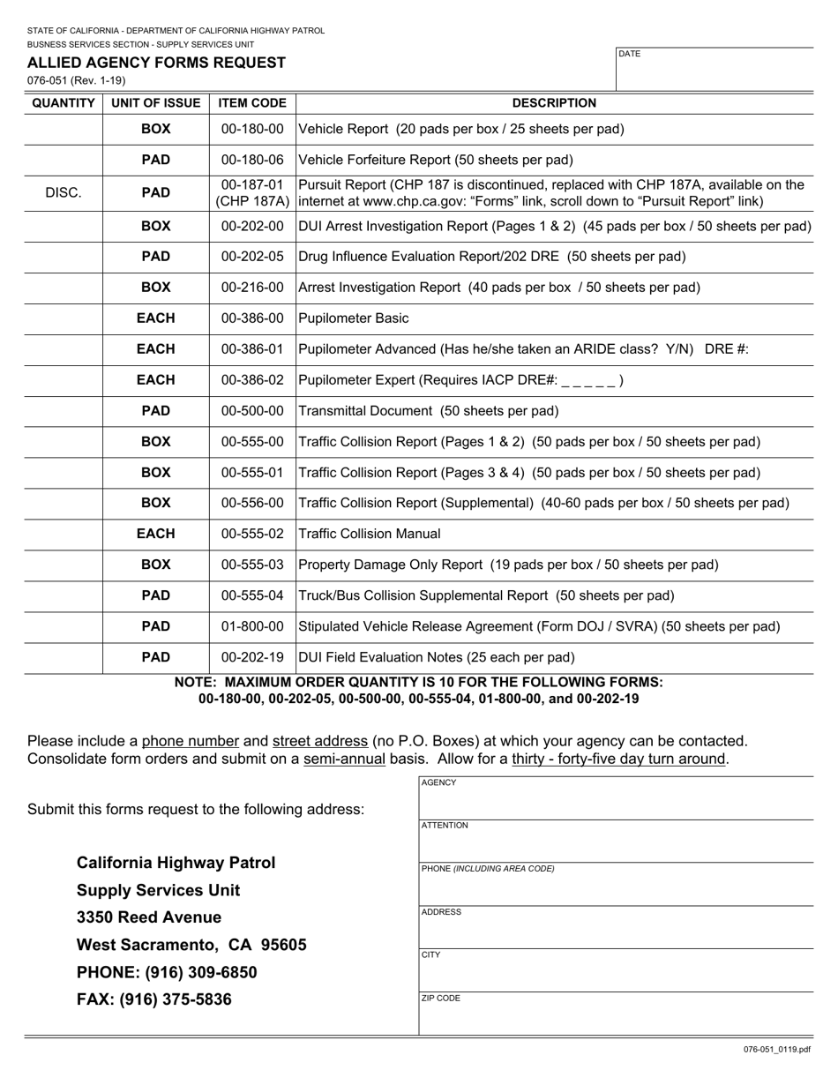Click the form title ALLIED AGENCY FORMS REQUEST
point(156,63)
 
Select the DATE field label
point(630,54)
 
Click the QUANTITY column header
point(64,103)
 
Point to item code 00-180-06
point(252,160)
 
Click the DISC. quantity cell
point(64,192)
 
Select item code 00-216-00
point(252,288)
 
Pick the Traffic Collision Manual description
point(370,534)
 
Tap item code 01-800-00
point(252,626)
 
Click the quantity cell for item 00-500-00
point(64,411)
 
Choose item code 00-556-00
point(252,503)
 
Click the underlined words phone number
point(191,741)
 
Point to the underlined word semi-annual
point(344,759)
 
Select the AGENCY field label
point(438,782)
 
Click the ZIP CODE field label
point(441,999)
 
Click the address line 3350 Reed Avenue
point(149,917)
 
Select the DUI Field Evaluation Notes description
point(437,657)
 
